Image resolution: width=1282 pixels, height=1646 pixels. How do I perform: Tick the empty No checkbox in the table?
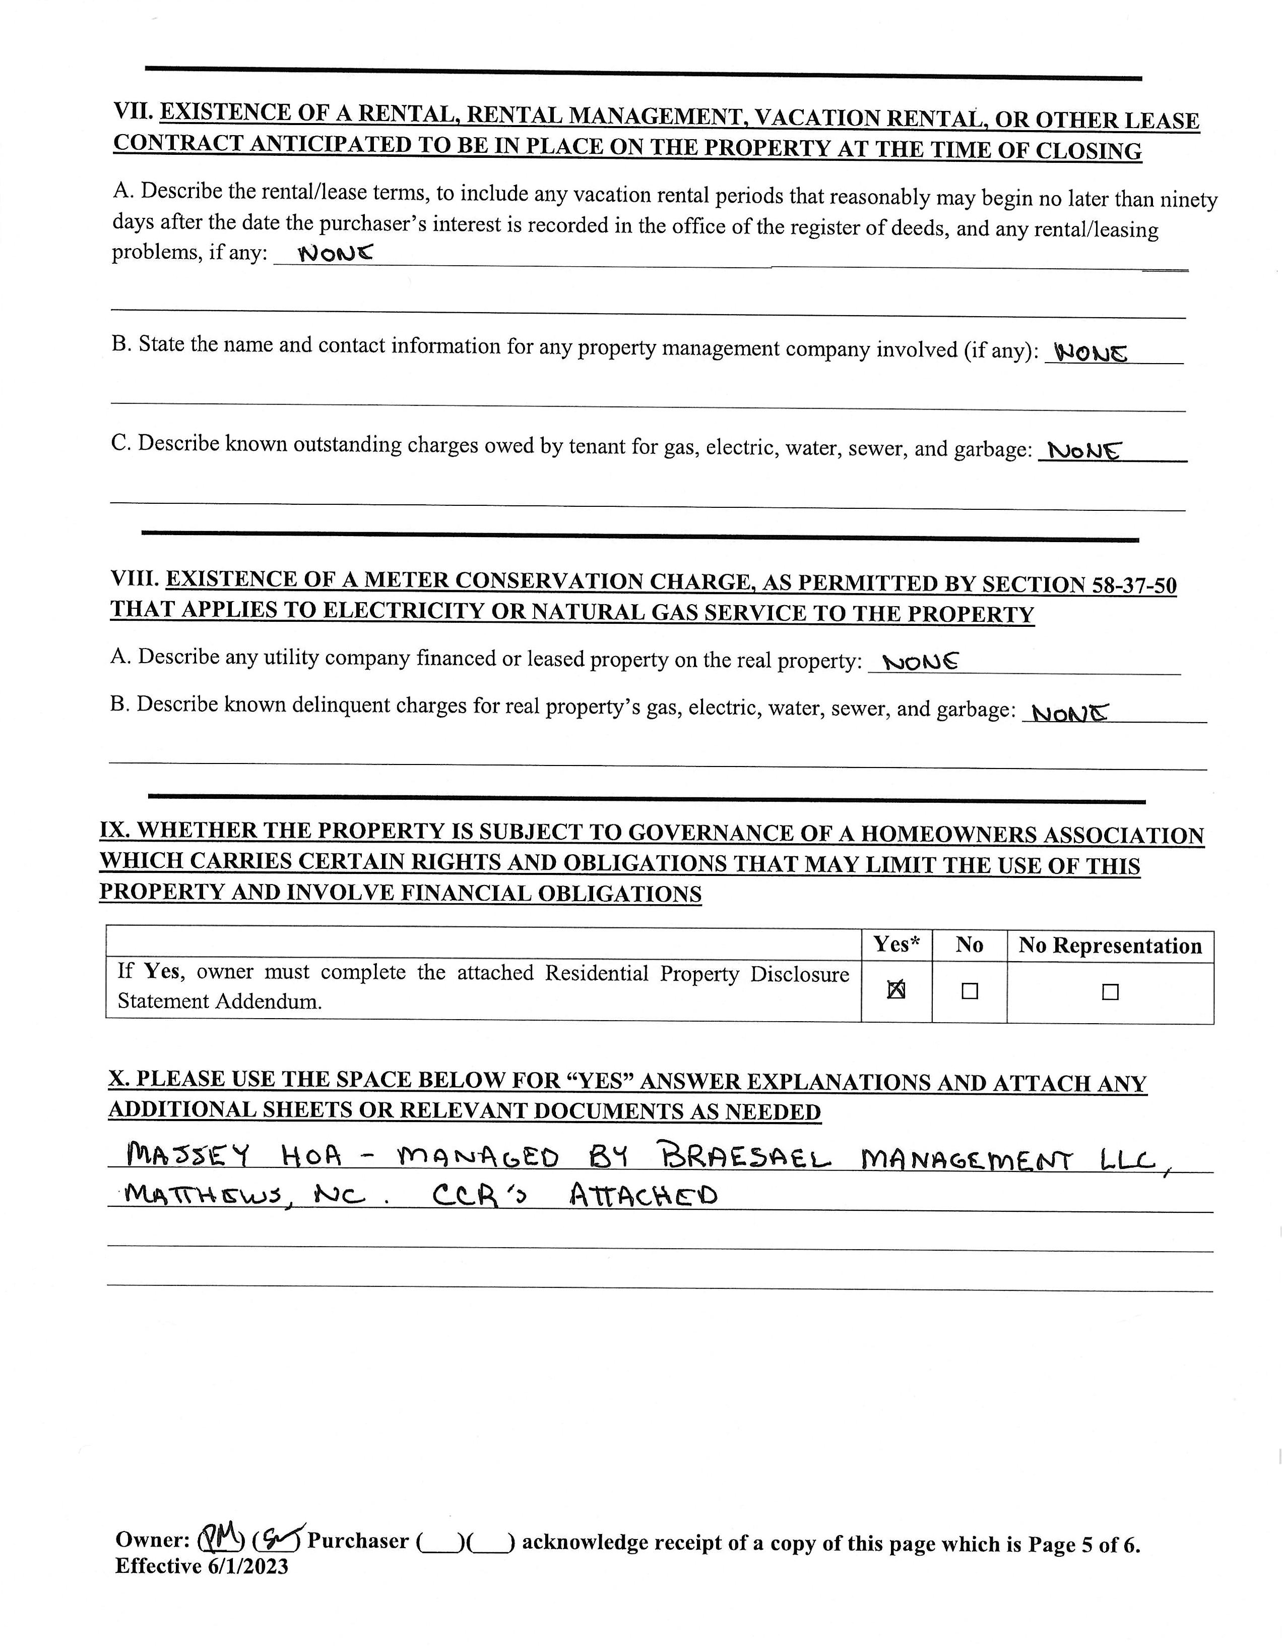click(970, 992)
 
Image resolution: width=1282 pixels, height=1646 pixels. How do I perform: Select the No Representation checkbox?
click(1110, 992)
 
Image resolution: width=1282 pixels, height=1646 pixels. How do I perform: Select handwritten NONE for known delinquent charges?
click(1069, 712)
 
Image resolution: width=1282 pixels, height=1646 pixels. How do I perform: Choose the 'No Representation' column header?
click(1110, 946)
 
